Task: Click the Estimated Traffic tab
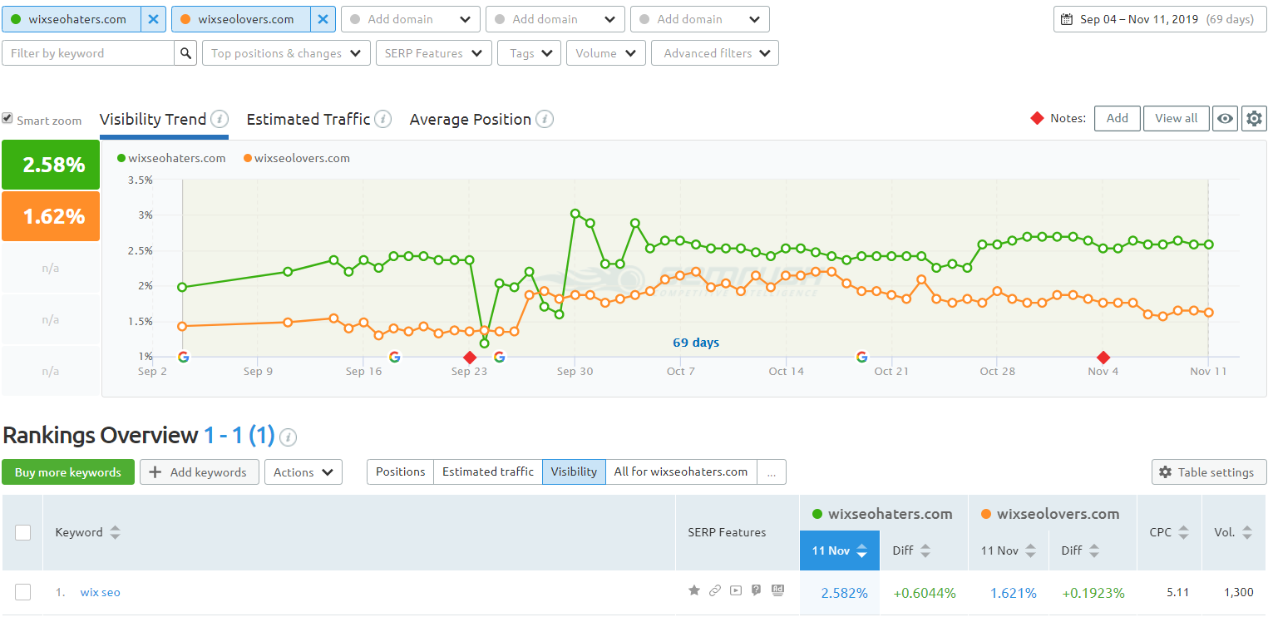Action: point(308,119)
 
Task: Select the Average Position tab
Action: point(470,119)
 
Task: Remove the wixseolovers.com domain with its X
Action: point(323,19)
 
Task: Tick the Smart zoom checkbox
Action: point(7,119)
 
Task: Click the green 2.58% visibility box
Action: point(51,165)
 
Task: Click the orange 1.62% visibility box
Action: point(51,216)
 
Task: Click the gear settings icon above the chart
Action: point(1253,118)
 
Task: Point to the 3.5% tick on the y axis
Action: point(140,180)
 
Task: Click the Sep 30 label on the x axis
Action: point(575,372)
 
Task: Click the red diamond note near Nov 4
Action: point(1103,358)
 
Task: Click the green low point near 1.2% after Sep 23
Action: point(485,343)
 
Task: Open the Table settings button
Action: point(1208,472)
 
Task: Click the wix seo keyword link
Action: point(100,592)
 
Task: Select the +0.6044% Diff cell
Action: point(924,593)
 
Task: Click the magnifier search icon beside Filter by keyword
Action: point(185,53)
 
